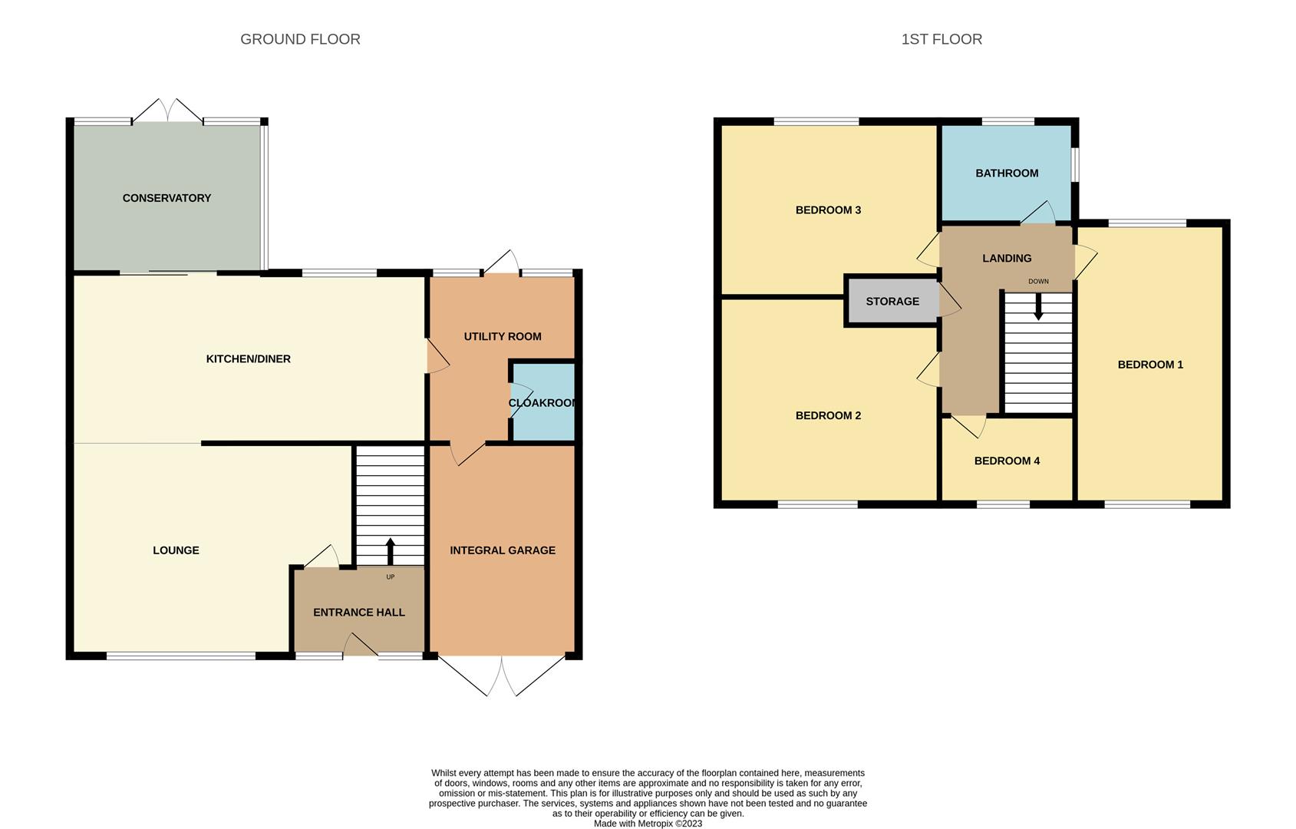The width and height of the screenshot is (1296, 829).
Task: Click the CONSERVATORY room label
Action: coord(167,198)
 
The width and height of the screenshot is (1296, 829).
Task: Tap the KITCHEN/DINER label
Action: coord(248,359)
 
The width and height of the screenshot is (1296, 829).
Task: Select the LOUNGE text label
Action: coord(176,550)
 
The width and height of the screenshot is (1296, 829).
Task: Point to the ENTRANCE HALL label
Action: coord(358,613)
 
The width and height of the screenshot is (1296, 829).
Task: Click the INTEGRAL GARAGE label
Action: coord(503,550)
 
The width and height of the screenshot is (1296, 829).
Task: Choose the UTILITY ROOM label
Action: coord(503,336)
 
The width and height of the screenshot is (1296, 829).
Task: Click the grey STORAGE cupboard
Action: coord(892,301)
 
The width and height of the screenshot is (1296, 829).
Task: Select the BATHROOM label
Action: coord(1007,173)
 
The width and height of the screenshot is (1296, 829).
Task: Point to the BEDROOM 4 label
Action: coord(1007,461)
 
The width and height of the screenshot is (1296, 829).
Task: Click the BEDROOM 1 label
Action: coord(1150,365)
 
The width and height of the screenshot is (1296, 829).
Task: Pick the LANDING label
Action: coord(1007,258)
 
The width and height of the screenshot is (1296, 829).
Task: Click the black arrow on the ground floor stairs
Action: coord(390,552)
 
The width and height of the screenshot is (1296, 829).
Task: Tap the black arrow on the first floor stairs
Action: coord(1038,307)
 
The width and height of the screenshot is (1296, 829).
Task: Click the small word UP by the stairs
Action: coord(391,577)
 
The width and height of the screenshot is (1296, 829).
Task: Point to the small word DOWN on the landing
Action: coord(1038,282)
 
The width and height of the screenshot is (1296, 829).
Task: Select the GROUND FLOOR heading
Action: coord(300,39)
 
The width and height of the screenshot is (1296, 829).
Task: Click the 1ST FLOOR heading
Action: coord(941,39)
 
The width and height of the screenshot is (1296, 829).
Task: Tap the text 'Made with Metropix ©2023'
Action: coord(648,824)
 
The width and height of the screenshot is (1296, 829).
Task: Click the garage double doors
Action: coord(501,675)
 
